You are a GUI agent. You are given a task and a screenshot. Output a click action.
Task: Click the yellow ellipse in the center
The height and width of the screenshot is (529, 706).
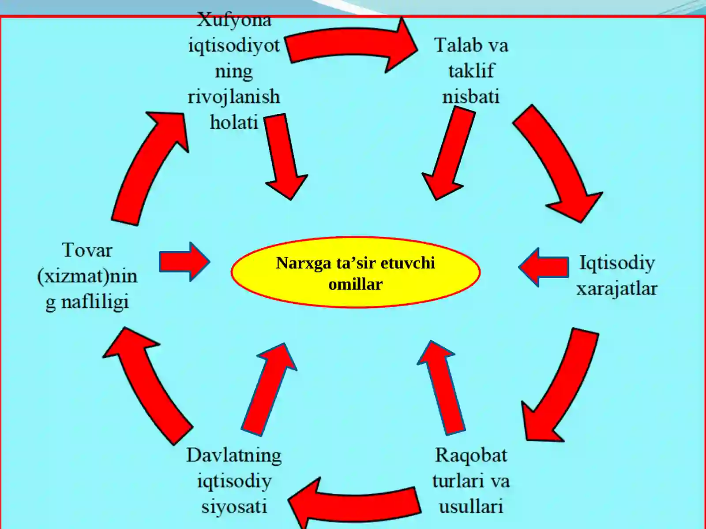(x=356, y=272)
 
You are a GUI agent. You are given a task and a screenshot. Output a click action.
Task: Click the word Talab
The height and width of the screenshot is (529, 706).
(x=454, y=45)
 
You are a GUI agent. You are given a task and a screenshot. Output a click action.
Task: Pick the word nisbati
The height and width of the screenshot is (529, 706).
(x=471, y=97)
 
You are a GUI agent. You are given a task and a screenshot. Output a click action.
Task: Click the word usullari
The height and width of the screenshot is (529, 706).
(x=471, y=507)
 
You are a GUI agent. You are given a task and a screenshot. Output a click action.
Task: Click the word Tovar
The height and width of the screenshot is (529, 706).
(x=87, y=250)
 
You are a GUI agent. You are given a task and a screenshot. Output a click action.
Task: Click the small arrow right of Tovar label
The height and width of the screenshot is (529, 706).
(x=184, y=262)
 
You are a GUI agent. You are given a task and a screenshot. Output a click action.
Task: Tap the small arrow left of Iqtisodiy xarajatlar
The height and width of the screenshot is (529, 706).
(x=544, y=267)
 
